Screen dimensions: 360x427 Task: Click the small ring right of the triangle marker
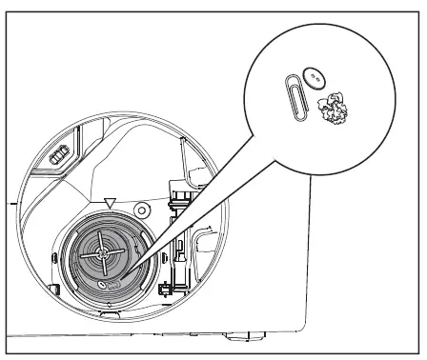[x=142, y=208]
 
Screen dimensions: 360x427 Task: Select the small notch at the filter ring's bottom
[x=105, y=303]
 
